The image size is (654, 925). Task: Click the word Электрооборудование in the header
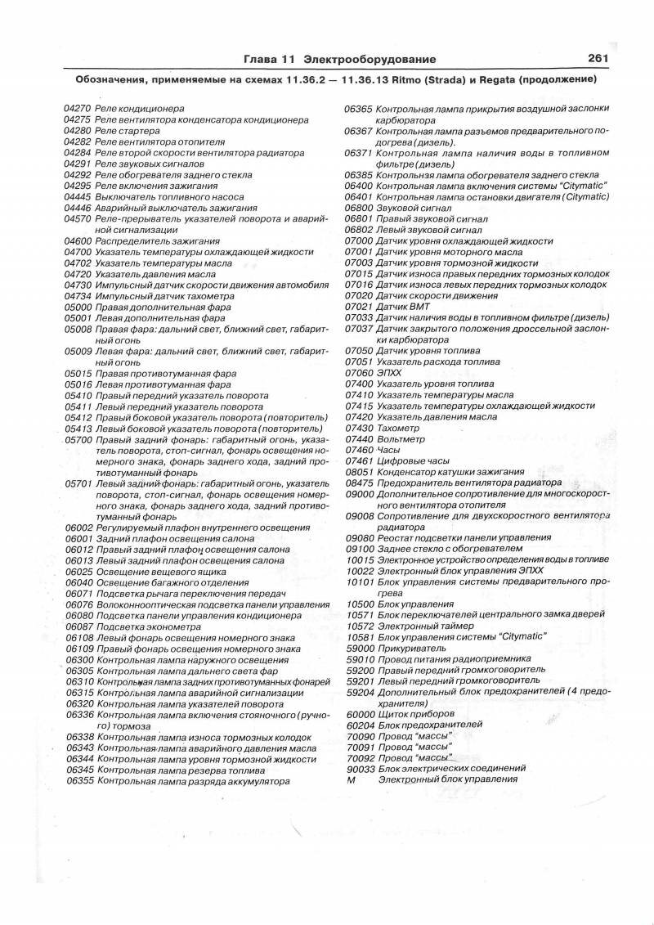click(369, 60)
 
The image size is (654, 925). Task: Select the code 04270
click(78, 109)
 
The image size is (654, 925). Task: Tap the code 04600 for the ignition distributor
click(78, 241)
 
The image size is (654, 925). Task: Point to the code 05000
click(78, 308)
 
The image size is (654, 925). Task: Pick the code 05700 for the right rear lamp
click(78, 439)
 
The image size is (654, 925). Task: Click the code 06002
click(78, 528)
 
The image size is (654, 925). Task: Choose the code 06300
click(78, 659)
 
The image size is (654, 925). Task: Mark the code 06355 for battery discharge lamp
click(78, 781)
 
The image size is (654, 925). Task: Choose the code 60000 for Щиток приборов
click(361, 714)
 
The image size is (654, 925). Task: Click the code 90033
click(361, 769)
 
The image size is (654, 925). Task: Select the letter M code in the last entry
click(352, 779)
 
